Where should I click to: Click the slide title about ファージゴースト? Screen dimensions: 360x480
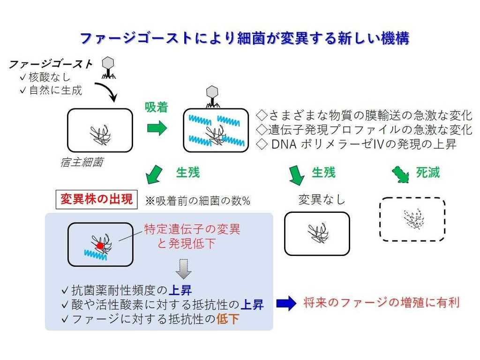(x=245, y=38)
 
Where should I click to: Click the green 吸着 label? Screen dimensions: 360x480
(x=156, y=107)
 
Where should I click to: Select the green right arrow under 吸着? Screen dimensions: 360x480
(x=157, y=128)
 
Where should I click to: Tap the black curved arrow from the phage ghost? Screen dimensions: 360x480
(x=107, y=92)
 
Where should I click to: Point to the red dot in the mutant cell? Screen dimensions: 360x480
(x=100, y=246)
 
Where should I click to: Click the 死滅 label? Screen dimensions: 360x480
(x=427, y=172)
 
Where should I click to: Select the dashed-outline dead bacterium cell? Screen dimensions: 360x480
(x=412, y=219)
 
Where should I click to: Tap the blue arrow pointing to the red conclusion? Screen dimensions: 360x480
(x=286, y=304)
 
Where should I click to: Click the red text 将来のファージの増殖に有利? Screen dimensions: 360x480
(x=381, y=303)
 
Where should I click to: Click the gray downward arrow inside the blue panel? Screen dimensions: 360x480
(x=183, y=268)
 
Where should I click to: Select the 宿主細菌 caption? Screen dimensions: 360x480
(x=82, y=163)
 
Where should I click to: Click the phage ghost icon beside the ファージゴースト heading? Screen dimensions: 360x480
(x=109, y=67)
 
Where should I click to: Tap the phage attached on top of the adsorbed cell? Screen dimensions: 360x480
(x=213, y=95)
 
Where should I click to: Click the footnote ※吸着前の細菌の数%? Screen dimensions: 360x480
(x=197, y=201)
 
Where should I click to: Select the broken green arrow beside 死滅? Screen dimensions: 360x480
(x=400, y=173)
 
